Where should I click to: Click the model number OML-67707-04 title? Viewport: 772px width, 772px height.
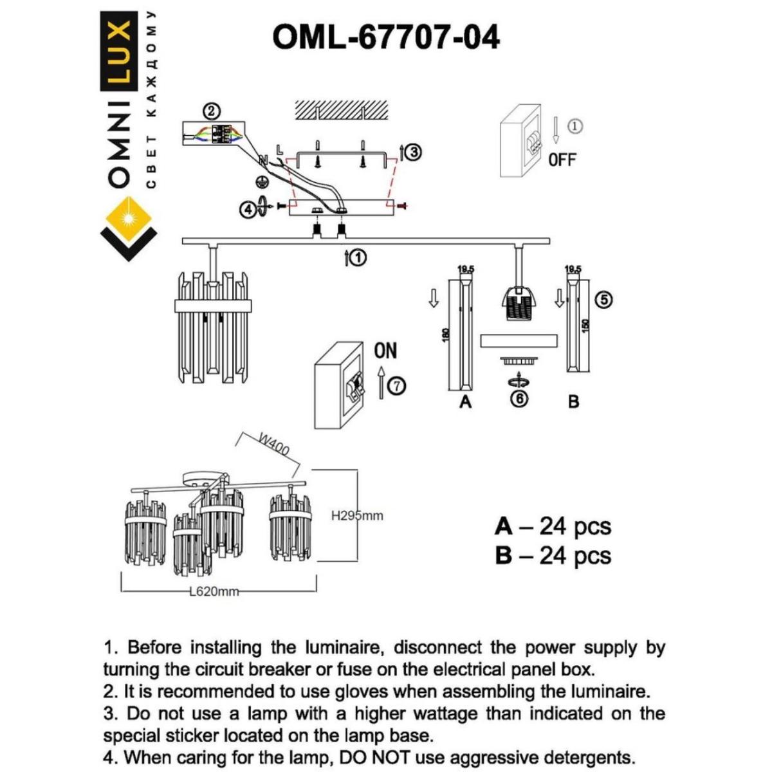tap(386, 37)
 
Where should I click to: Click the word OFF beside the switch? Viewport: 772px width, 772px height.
tap(562, 160)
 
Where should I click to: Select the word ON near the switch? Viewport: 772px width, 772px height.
tap(385, 351)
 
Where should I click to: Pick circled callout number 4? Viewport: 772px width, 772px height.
tap(248, 209)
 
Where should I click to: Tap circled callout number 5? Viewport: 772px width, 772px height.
tap(604, 299)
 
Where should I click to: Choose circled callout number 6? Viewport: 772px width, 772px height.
tap(519, 399)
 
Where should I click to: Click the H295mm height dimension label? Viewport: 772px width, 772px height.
tap(357, 516)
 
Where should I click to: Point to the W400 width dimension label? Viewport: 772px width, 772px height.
tap(273, 445)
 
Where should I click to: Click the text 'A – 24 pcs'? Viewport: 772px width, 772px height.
tap(553, 526)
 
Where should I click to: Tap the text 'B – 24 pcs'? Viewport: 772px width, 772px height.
tap(553, 555)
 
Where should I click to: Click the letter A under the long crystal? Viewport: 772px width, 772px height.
tap(466, 403)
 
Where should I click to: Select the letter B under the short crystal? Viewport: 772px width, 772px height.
tap(574, 402)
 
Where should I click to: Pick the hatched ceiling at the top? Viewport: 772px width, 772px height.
tap(342, 111)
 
